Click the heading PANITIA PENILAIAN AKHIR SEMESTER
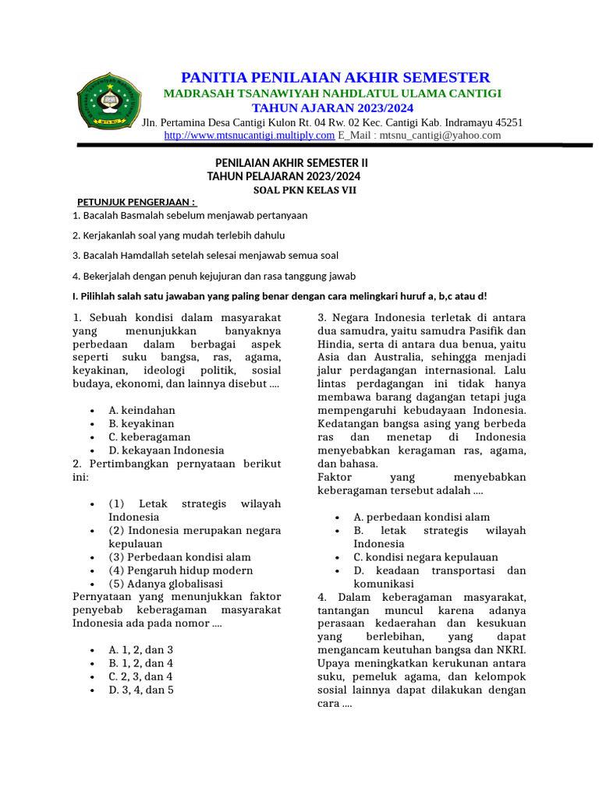[335, 77]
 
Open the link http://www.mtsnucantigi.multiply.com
[249, 136]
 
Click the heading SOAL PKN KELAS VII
[305, 189]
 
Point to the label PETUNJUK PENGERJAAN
[136, 203]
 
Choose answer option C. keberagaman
[149, 437]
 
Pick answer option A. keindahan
[142, 410]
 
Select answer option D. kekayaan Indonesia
[166, 450]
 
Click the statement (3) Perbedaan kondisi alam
[179, 557]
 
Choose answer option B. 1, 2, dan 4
[141, 663]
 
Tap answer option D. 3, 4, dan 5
[141, 690]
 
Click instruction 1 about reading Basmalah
[190, 215]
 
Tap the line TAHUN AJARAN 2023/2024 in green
[332, 108]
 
